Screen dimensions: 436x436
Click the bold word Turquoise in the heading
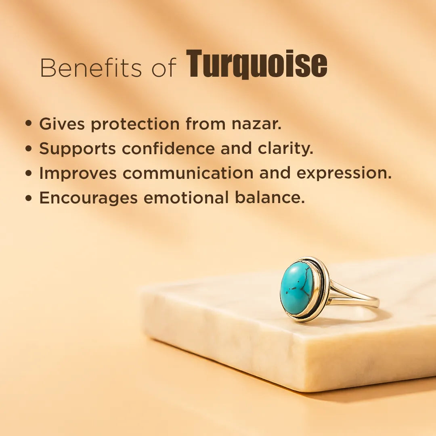(257, 65)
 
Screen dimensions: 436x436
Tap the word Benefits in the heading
(91, 67)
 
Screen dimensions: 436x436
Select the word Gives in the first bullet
(62, 124)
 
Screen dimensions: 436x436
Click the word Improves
(78, 174)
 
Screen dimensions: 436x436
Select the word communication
(188, 173)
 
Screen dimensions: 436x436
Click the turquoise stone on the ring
(297, 287)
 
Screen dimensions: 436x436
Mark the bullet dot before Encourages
(28, 198)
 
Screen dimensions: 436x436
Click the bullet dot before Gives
(28, 124)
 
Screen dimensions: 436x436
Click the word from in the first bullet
(205, 124)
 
